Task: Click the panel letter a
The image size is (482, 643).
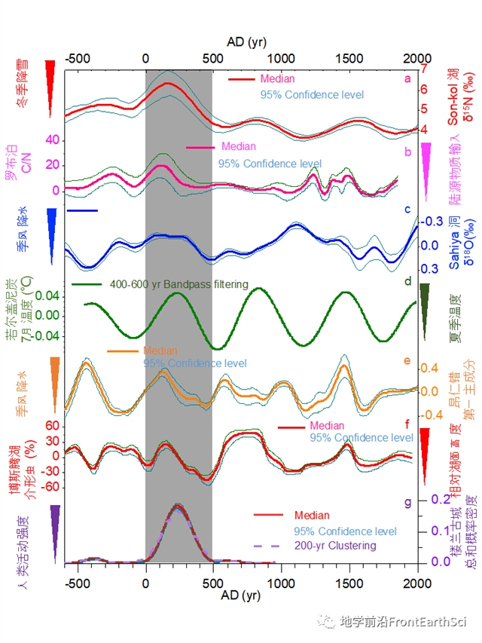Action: point(407,78)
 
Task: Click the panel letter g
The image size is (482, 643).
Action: point(407,501)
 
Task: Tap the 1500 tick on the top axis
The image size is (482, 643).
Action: point(349,59)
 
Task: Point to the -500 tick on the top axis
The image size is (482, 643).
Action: point(76,59)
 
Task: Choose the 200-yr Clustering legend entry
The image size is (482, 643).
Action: point(334,546)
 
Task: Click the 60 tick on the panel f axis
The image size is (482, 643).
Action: point(53,425)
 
